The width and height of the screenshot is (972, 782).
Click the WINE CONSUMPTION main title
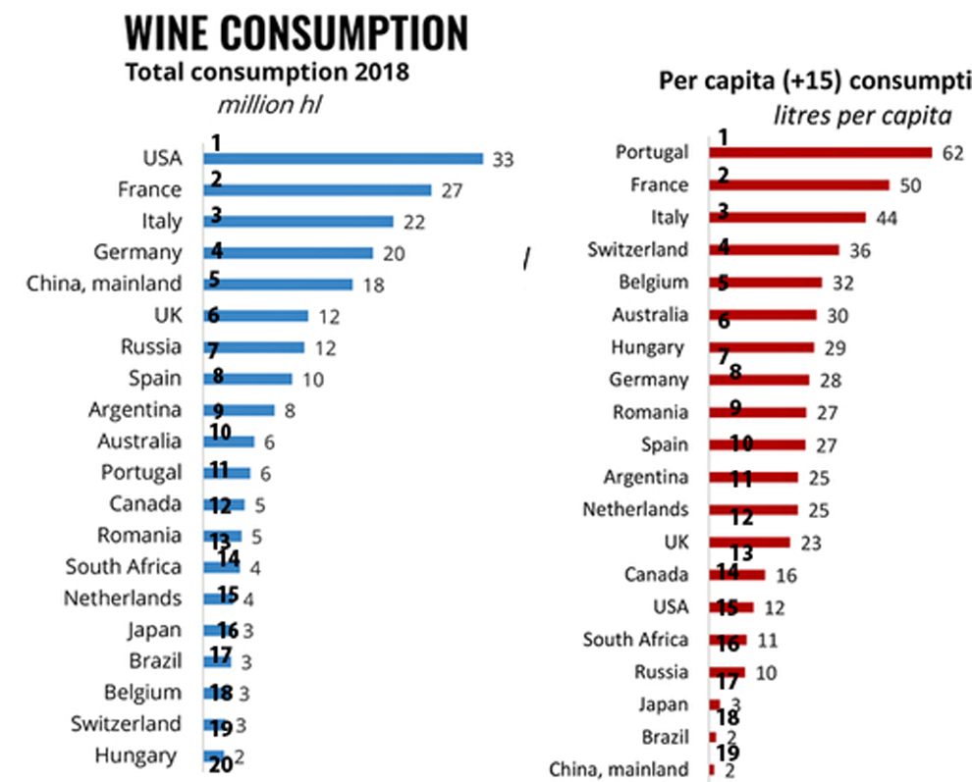pyautogui.click(x=296, y=32)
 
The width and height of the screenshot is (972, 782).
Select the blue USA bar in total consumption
pyautogui.click(x=344, y=158)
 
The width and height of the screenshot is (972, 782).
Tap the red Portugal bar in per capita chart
pyautogui.click(x=820, y=152)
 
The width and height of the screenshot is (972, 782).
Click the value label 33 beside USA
pyautogui.click(x=503, y=159)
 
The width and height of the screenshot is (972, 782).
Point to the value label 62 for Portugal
pyautogui.click(x=952, y=153)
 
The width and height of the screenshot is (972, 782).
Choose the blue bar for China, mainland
pyautogui.click(x=279, y=285)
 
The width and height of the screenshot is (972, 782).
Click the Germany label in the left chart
pyautogui.click(x=137, y=252)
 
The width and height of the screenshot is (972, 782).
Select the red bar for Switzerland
pyautogui.click(x=775, y=250)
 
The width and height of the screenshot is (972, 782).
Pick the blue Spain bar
pyautogui.click(x=248, y=379)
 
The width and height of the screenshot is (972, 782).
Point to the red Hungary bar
pyautogui.click(x=762, y=347)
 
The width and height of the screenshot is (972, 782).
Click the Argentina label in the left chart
pyautogui.click(x=135, y=409)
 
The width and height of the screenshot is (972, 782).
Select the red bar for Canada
pyautogui.click(x=737, y=574)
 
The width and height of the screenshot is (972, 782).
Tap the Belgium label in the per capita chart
pyautogui.click(x=653, y=283)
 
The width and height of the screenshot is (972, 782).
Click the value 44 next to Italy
pyautogui.click(x=889, y=218)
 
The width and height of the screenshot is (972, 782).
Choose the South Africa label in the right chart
pyautogui.click(x=635, y=640)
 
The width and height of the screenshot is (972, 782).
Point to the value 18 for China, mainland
pyautogui.click(x=372, y=285)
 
